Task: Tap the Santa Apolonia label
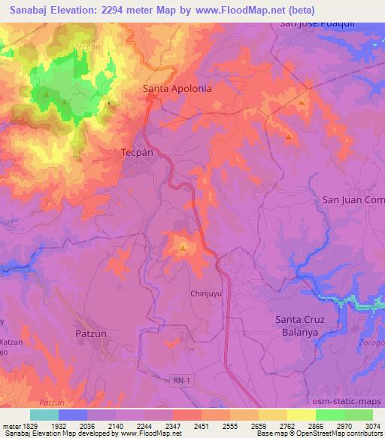pyautogui.click(x=177, y=88)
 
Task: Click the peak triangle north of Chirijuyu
pyautogui.click(x=183, y=247)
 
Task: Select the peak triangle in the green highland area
pyautogui.click(x=48, y=96)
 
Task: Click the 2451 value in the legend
pyautogui.click(x=202, y=426)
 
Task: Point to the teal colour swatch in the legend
pyautogui.click(x=44, y=415)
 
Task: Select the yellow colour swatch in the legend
pyautogui.click(x=301, y=415)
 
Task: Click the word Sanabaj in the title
pyautogui.click(x=32, y=11)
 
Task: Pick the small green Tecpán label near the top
pyautogui.click(x=87, y=47)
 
